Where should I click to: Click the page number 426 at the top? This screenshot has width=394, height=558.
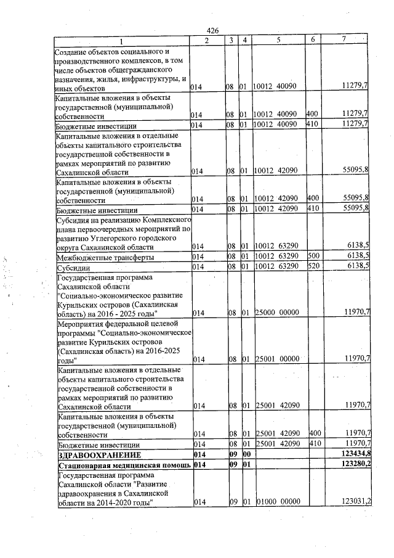213,31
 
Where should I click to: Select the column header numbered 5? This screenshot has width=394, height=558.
278,41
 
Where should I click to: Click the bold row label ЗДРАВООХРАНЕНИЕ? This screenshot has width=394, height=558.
90,455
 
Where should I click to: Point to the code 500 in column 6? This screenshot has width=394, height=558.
314,257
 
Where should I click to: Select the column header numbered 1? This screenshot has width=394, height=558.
121,41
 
